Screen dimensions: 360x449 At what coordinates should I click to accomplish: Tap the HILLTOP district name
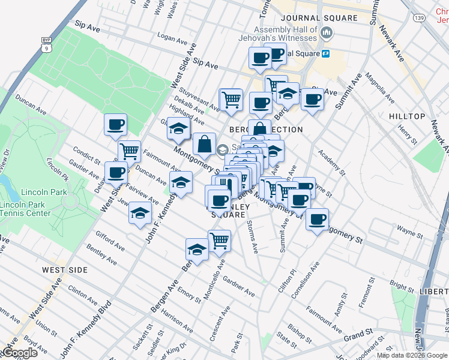click(x=406, y=116)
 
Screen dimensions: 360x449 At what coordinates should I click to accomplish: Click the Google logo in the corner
click(x=19, y=353)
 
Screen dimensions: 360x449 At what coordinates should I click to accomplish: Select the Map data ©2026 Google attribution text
click(x=412, y=355)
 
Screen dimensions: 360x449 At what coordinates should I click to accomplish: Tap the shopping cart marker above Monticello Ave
click(x=219, y=241)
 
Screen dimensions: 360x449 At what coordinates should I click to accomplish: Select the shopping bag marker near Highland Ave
click(x=204, y=143)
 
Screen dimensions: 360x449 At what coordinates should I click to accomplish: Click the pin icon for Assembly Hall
click(x=327, y=33)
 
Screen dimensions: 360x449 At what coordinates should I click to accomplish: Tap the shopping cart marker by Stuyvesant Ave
click(x=231, y=100)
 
